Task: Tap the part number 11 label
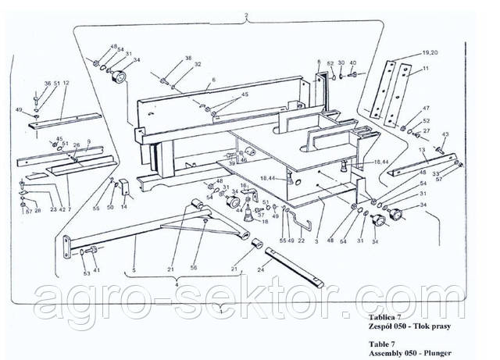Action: tap(426, 69)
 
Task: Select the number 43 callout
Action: tap(445, 134)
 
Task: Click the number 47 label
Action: tap(426, 108)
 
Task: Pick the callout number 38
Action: tap(187, 59)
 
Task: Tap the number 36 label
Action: tap(47, 83)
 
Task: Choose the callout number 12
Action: tap(66, 83)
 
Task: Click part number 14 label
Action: tap(123, 207)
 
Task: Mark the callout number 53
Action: tap(86, 274)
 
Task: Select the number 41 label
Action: tap(97, 270)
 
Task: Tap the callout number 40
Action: tap(352, 62)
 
